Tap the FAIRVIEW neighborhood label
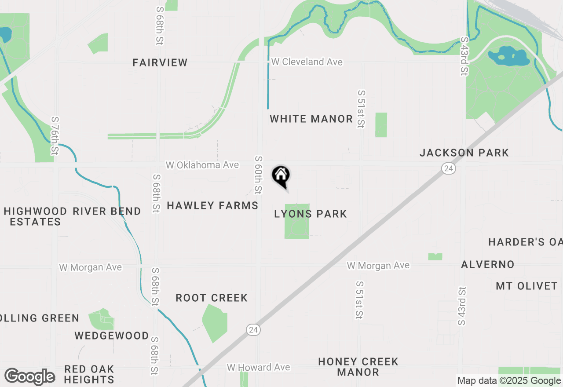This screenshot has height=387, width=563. [160, 62]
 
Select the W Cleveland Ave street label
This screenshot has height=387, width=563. [307, 62]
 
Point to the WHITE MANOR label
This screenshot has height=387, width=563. [311, 119]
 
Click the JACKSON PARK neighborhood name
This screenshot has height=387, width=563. [464, 153]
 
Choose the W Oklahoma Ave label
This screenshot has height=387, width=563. [202, 165]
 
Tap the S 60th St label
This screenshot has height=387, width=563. [258, 175]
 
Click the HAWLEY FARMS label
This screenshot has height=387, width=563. [212, 205]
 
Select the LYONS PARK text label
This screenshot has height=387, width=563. [311, 214]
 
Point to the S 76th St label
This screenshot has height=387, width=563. [55, 136]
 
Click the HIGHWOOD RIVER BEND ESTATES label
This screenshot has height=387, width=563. [72, 216]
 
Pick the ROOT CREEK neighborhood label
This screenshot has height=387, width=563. [212, 298]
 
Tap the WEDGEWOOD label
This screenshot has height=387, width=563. [112, 336]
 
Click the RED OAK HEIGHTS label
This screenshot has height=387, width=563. [89, 374]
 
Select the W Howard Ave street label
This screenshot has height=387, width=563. [258, 367]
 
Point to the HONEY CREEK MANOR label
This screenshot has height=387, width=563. [358, 367]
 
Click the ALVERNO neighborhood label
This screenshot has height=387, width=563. [487, 264]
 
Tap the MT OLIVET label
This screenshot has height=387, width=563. [526, 286]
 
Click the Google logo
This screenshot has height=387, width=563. [29, 376]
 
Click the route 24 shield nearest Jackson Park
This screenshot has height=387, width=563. [448, 168]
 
